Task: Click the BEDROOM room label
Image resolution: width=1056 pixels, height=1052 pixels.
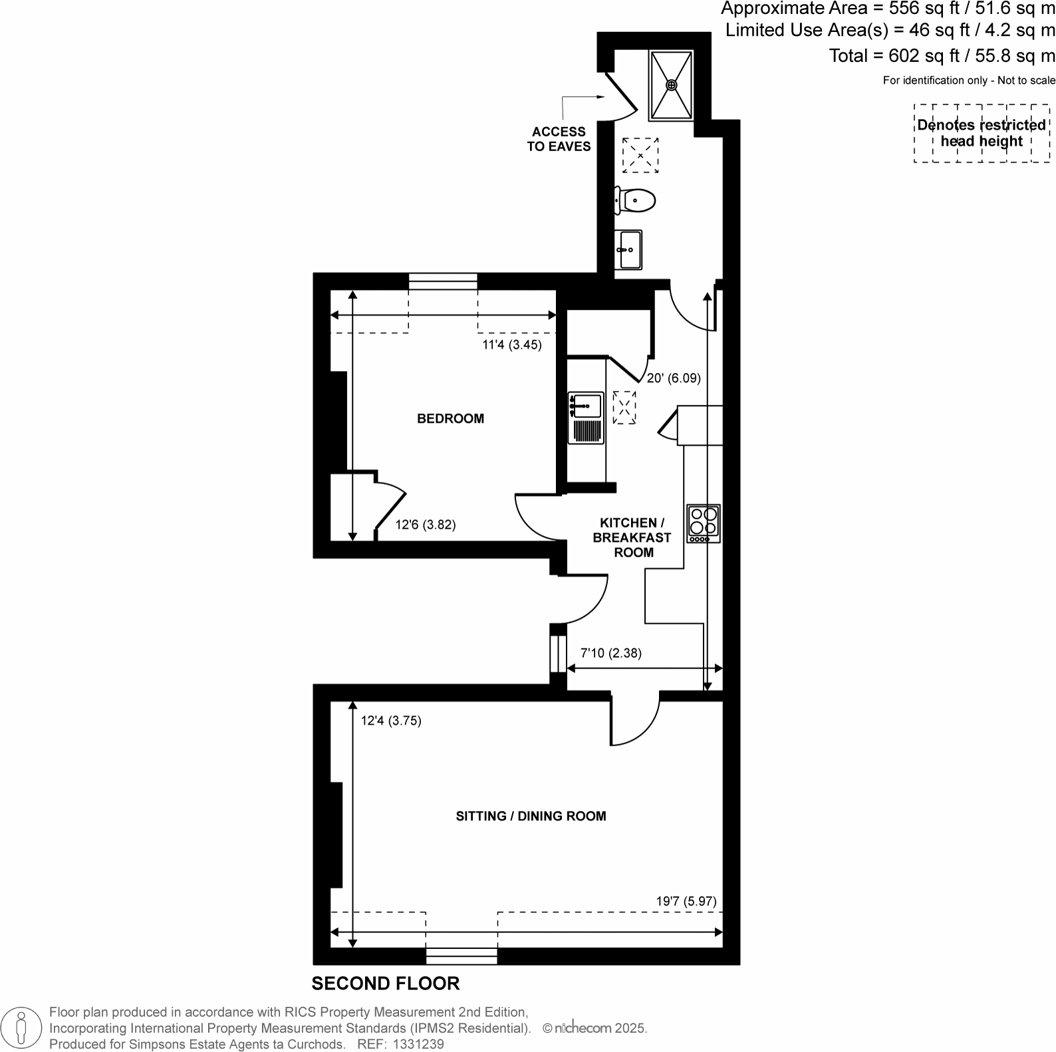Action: tap(450, 418)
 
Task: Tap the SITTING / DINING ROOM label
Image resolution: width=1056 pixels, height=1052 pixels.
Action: tap(531, 816)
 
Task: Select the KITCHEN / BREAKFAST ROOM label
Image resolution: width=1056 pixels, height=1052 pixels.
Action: tap(632, 537)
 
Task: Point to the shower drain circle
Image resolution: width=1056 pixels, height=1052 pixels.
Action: tap(672, 84)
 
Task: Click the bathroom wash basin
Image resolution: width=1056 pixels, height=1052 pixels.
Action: tap(628, 250)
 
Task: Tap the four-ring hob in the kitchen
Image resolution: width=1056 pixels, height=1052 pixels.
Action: tap(704, 523)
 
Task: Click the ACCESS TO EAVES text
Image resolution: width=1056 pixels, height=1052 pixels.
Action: tap(559, 139)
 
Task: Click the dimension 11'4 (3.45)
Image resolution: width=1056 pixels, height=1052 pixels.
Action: tap(511, 344)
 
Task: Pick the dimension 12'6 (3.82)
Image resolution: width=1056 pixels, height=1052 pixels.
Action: tap(425, 525)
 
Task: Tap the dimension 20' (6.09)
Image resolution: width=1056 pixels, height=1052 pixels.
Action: tap(674, 378)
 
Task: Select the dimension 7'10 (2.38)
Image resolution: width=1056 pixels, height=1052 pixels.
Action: tap(611, 653)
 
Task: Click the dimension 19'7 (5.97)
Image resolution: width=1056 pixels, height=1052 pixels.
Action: tap(686, 902)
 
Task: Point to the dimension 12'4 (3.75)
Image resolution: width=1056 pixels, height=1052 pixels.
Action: tap(391, 720)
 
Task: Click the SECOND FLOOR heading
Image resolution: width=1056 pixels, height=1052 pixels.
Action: tap(385, 983)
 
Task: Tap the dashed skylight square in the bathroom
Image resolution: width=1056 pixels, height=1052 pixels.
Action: tap(640, 156)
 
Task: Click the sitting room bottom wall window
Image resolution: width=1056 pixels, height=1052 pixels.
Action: tap(462, 956)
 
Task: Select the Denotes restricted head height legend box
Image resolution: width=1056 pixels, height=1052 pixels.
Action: tap(982, 133)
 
